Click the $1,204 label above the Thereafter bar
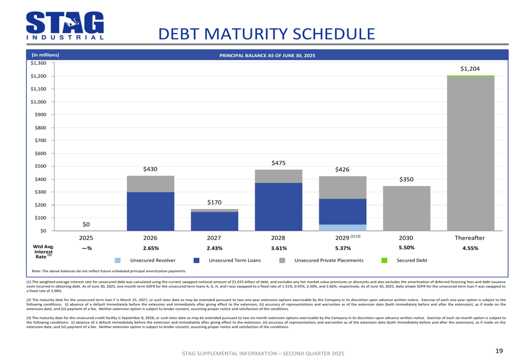pos(470,69)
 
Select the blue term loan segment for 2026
pos(150,211)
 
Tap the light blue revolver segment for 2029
pos(342,228)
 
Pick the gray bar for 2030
pos(406,208)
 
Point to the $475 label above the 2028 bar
pos(279,163)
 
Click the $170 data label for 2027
pos(215,202)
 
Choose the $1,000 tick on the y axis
pos(39,102)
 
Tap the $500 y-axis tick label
pos(41,166)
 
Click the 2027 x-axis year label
pos(215,238)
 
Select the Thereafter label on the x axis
pos(470,238)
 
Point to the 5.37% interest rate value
pos(342,248)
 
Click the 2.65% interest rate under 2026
pos(150,248)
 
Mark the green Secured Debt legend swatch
pos(384,260)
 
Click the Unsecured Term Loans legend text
pos(235,260)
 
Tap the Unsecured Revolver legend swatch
pos(118,260)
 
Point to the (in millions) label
pos(45,55)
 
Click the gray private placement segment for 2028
pos(279,176)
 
